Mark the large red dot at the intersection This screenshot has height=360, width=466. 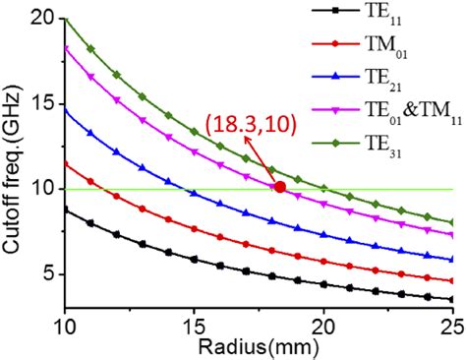tap(280, 186)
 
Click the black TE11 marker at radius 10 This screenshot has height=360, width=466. tap(65, 209)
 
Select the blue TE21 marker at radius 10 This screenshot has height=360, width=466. tap(65, 109)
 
